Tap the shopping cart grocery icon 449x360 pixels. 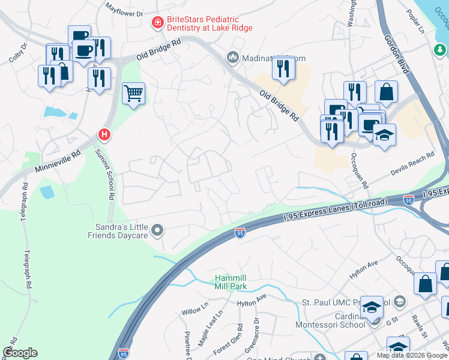pos(133,94)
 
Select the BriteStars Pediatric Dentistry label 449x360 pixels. pos(209,23)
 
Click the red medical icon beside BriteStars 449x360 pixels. pos(158,23)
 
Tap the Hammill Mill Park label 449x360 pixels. pos(231,283)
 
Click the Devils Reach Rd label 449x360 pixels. pos(412,164)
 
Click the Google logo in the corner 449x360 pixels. pos(20,353)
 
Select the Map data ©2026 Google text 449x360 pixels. pos(412,355)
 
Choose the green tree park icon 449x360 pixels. pos(439,50)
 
